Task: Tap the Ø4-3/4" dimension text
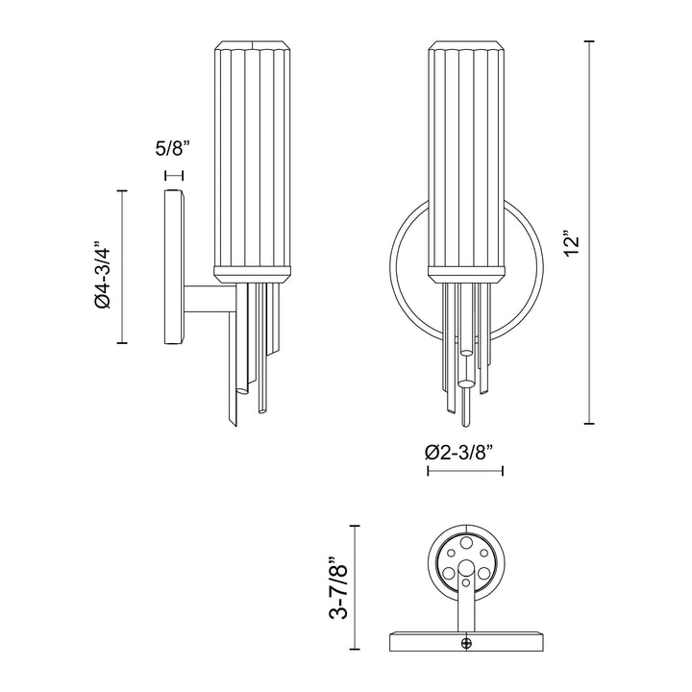click(x=102, y=275)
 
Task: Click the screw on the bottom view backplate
click(x=466, y=643)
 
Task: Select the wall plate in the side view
click(x=174, y=266)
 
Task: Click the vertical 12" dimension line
click(x=589, y=233)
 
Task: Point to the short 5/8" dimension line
click(x=173, y=175)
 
